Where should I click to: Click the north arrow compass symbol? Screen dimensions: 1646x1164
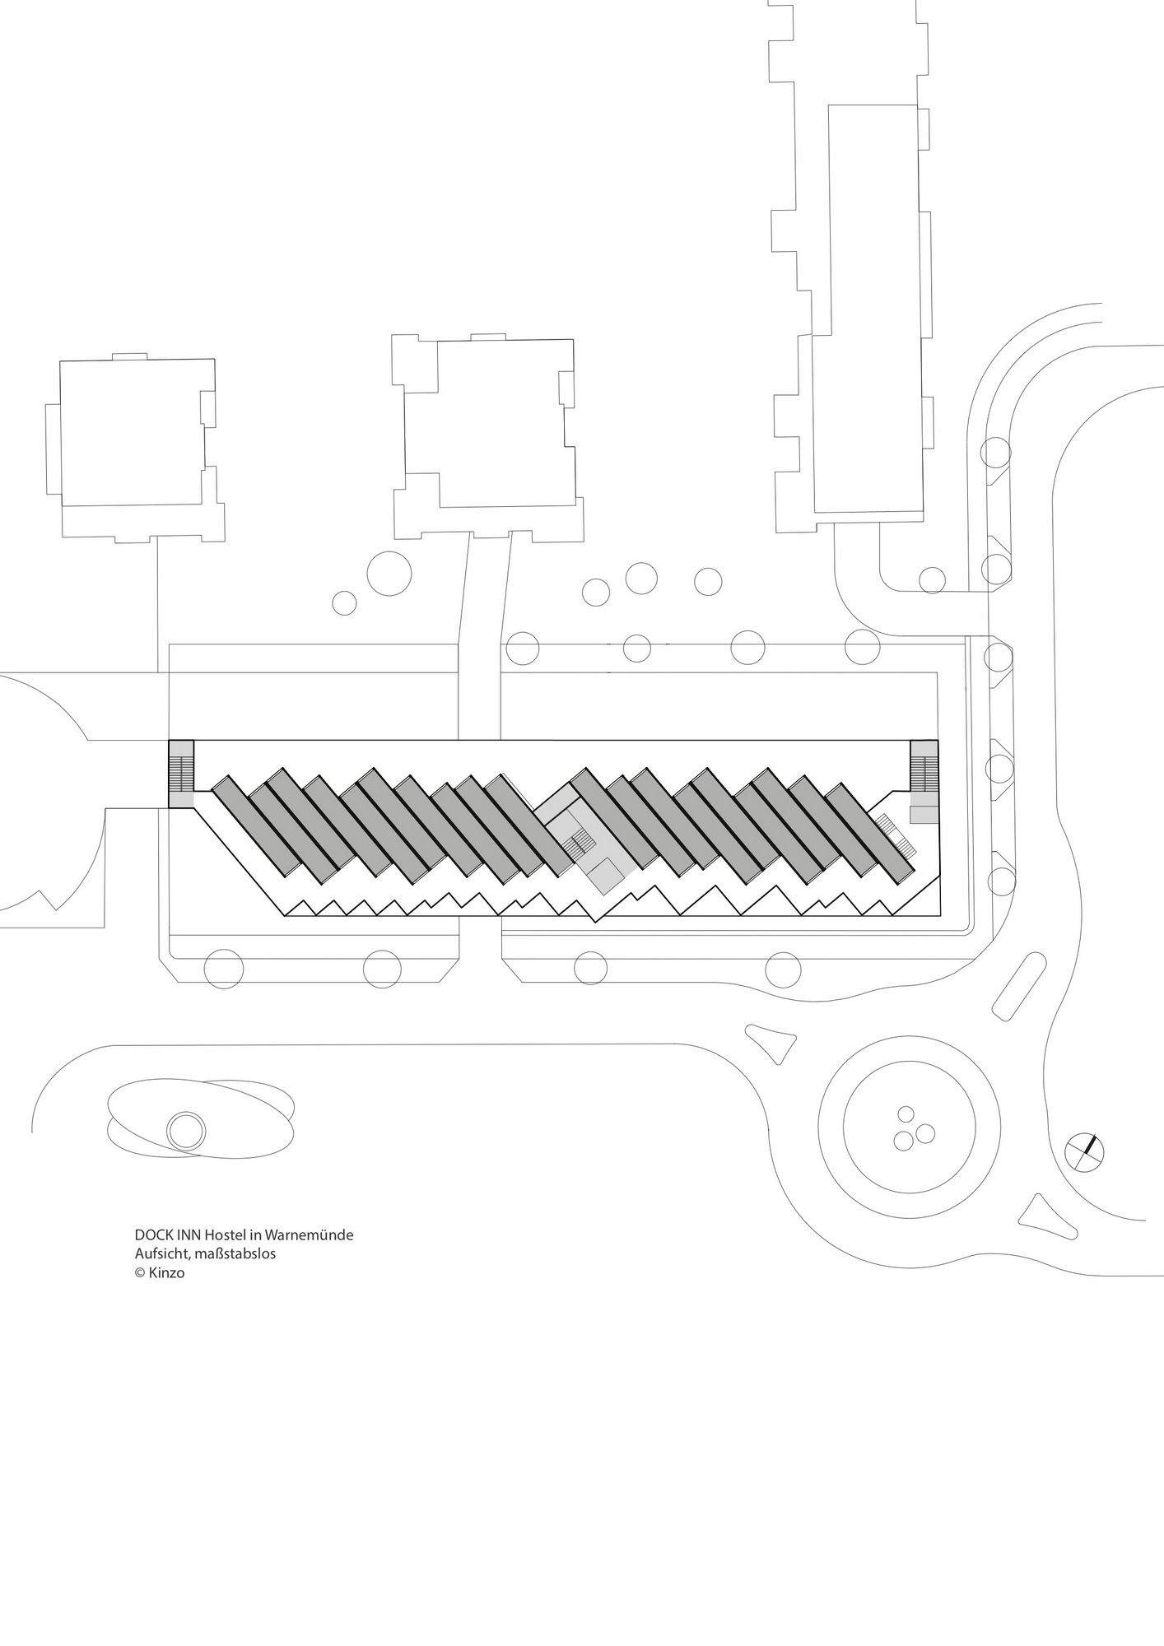point(1084,1150)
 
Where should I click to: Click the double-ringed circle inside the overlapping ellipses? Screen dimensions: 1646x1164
point(185,1131)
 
